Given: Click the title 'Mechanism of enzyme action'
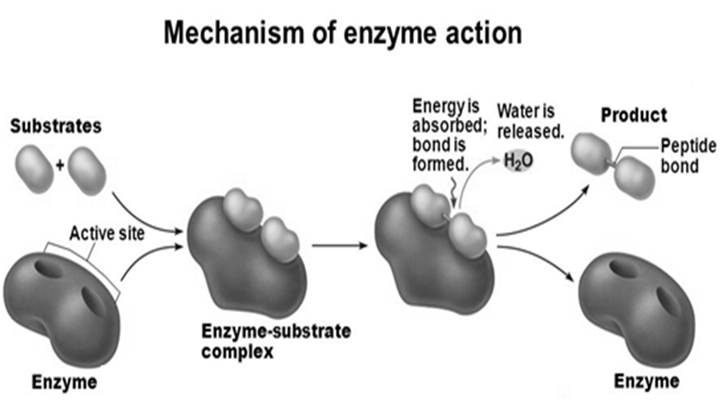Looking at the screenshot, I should (x=343, y=33).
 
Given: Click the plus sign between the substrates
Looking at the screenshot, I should (x=61, y=163).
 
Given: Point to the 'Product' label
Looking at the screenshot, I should (x=634, y=116).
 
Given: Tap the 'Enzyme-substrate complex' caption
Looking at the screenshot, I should (x=275, y=344).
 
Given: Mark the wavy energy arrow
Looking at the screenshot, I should (x=453, y=185).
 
